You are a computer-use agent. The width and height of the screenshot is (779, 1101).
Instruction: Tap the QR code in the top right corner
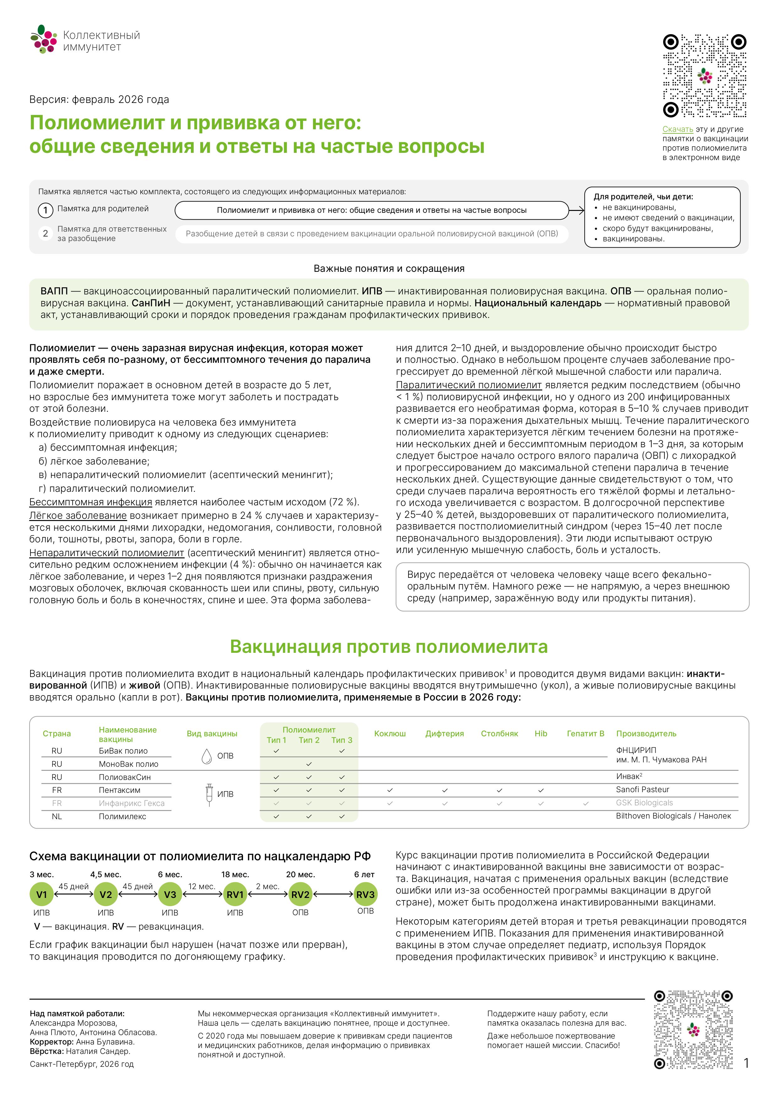coord(704,76)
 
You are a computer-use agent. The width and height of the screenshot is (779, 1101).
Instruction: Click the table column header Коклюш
coord(389,734)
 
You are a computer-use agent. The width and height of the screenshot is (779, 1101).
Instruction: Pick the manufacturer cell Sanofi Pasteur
coord(642,789)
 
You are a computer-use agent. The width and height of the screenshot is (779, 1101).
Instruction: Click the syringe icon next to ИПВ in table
coord(209,795)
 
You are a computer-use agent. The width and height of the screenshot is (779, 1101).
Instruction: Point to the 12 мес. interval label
coord(202,887)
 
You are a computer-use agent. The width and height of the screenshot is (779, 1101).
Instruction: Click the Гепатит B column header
coord(585,734)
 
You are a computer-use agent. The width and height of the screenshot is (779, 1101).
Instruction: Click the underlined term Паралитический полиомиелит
coord(469,385)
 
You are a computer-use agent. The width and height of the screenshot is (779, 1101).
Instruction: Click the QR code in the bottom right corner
coord(693,1029)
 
